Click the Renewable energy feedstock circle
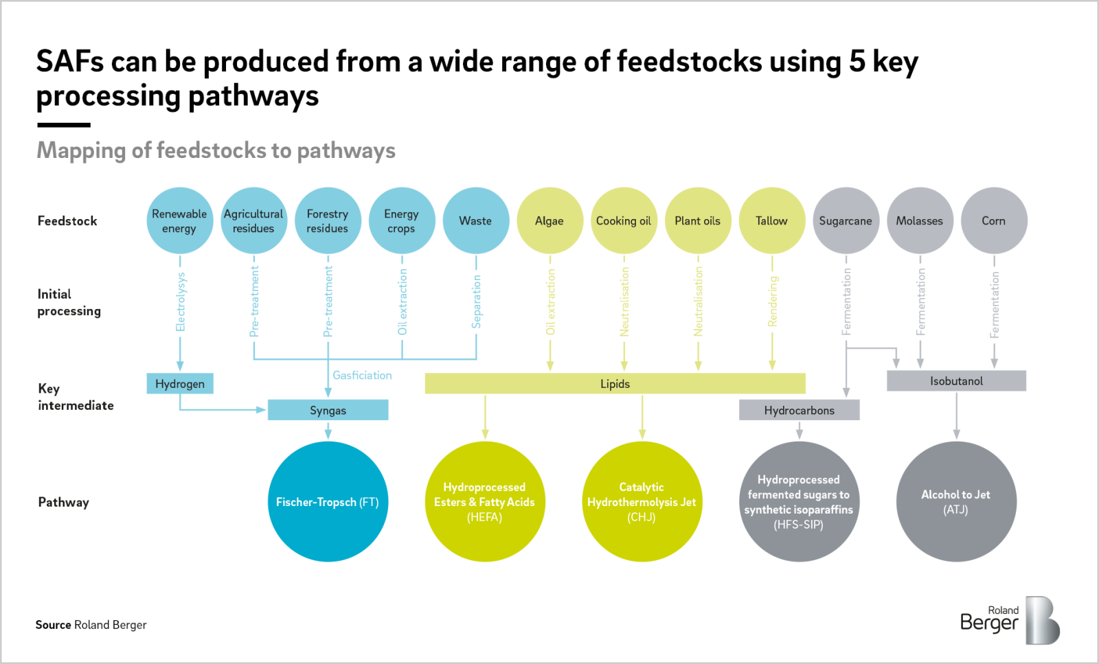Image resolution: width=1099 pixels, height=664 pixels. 179,220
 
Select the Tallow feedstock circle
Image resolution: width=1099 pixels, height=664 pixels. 771,220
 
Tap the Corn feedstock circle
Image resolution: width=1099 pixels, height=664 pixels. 993,220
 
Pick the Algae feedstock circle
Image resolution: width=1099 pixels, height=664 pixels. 549,220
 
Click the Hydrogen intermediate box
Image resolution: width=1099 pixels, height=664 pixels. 180,383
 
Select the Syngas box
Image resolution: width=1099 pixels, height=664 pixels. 328,410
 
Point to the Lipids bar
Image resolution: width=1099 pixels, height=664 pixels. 615,383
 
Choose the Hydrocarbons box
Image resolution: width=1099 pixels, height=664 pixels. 799,410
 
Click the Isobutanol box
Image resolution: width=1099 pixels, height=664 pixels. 956,380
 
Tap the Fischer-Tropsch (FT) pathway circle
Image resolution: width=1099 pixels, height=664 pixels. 328,502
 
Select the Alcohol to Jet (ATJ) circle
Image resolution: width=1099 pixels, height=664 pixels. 956,502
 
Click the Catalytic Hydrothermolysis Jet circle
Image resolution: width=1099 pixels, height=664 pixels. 642,502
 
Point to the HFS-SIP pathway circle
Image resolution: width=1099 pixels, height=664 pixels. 799,502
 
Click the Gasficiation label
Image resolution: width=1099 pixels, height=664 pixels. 362,375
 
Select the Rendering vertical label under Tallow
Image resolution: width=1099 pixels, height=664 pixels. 773,301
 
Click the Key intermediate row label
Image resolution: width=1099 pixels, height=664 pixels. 76,397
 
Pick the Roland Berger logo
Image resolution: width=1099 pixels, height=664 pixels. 1010,619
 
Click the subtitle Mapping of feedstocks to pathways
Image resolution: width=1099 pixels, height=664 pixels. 216,150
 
